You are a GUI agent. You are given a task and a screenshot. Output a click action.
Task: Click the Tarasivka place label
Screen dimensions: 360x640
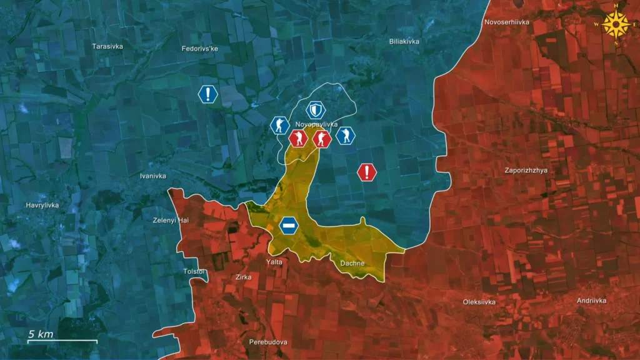(x=107, y=46)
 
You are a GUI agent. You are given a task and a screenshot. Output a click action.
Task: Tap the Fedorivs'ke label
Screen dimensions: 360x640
(x=200, y=48)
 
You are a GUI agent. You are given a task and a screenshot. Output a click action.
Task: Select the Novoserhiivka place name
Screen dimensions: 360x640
(x=507, y=22)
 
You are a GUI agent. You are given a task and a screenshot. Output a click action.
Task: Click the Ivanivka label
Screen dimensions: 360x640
(x=153, y=176)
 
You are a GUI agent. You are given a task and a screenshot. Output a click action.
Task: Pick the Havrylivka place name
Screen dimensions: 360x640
(x=42, y=206)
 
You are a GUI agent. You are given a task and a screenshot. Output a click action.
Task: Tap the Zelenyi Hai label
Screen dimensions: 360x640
(x=171, y=220)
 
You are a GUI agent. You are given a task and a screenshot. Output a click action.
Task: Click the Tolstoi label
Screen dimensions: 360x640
(x=194, y=271)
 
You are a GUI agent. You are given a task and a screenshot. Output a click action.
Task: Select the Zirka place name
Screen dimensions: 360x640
(x=243, y=276)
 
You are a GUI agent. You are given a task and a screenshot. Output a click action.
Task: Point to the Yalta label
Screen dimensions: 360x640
(x=274, y=262)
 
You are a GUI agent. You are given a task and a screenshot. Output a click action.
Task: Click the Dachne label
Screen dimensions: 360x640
(x=352, y=263)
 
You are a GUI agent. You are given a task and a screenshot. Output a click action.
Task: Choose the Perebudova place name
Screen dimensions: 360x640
(x=268, y=342)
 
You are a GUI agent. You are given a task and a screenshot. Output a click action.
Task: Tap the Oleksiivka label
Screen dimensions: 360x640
(x=479, y=302)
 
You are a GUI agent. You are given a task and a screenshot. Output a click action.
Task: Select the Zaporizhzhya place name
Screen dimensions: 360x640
(x=526, y=170)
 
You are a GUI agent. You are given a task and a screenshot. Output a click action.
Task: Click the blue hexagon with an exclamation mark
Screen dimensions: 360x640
(x=207, y=94)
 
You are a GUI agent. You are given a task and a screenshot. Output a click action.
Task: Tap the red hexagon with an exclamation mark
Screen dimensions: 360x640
(x=367, y=172)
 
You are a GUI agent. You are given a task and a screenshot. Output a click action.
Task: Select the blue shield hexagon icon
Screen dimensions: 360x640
(x=316, y=111)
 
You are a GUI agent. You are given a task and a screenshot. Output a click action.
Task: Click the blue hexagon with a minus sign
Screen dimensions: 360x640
(x=289, y=225)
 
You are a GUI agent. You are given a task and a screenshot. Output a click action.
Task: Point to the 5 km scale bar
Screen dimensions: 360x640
(x=62, y=341)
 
